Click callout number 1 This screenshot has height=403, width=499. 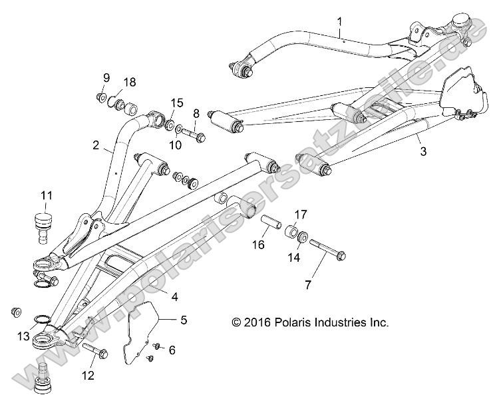339,22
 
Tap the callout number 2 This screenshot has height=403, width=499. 96,145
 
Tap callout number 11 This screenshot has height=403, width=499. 45,195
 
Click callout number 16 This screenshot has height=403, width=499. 258,245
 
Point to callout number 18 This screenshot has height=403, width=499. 129,82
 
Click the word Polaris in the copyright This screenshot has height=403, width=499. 290,322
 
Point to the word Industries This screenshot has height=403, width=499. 340,322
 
